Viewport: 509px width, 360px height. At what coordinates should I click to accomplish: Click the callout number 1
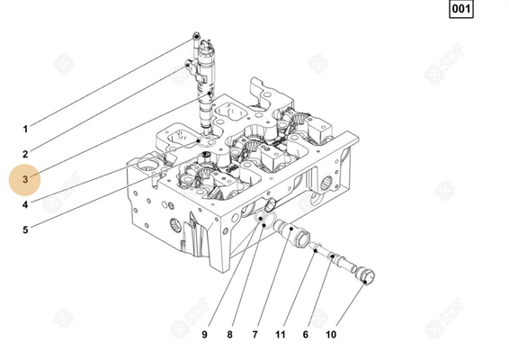(25, 129)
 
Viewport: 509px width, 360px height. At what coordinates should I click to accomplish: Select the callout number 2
(25, 154)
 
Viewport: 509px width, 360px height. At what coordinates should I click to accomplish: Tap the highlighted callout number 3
(26, 179)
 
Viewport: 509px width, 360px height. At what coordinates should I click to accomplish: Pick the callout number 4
(25, 204)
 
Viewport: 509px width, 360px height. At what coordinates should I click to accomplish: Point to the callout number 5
(25, 229)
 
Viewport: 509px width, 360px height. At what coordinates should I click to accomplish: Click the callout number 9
(204, 335)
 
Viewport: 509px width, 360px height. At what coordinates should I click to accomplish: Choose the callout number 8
(229, 335)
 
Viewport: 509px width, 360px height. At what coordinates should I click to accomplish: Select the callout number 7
(254, 335)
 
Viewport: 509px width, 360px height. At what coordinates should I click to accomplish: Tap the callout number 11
(280, 335)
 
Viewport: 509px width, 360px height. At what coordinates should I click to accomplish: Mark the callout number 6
(305, 335)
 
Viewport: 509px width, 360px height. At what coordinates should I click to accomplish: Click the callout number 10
(331, 335)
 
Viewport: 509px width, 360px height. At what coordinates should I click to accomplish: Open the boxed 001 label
(460, 12)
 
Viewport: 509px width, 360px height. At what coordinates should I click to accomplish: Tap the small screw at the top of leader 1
(196, 38)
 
